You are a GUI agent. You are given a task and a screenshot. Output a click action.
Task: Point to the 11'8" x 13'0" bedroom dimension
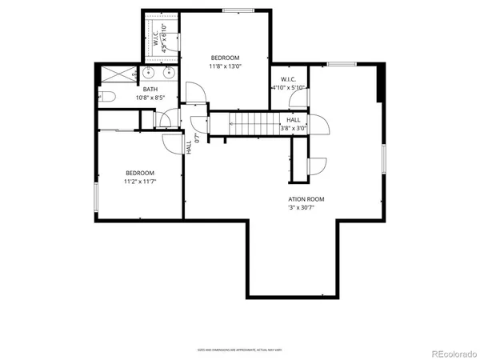click(x=225, y=67)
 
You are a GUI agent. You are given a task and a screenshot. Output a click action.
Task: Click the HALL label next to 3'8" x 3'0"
click(x=294, y=119)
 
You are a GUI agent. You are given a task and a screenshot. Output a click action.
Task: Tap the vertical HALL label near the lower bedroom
click(x=190, y=148)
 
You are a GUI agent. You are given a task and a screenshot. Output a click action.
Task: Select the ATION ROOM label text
click(x=306, y=199)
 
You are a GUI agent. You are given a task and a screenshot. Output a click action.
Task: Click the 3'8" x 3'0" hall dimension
click(x=294, y=128)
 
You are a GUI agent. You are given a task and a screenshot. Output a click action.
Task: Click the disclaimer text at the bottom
click(x=239, y=350)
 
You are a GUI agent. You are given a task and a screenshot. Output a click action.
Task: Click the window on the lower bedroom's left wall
click(x=95, y=198)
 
